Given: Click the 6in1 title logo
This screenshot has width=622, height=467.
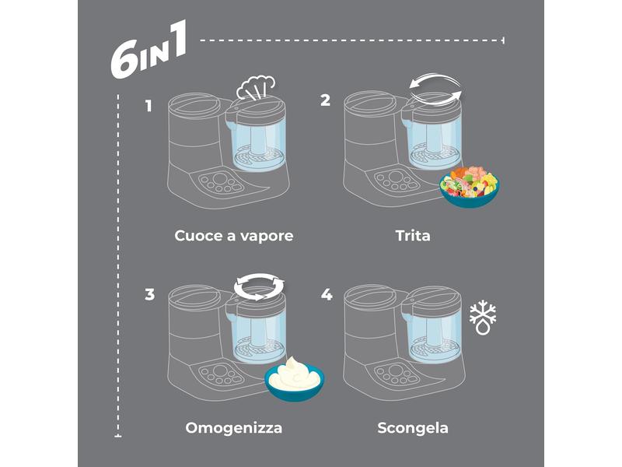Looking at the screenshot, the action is (x=149, y=50).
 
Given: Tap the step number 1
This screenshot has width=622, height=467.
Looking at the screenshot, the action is (x=149, y=106).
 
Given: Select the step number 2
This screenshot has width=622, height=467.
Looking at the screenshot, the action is (x=325, y=100).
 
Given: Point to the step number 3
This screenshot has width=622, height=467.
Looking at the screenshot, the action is (x=149, y=295).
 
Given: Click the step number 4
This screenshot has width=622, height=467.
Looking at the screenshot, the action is (x=327, y=295).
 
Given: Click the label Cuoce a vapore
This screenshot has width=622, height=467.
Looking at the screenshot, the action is (x=234, y=236).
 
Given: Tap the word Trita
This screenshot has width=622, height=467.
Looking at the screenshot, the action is (x=413, y=236).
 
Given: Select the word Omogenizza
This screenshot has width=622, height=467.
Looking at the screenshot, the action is (x=234, y=427).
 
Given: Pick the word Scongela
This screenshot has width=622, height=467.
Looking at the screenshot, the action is (x=413, y=427).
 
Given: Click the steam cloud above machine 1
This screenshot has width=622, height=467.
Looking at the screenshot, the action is (x=256, y=87).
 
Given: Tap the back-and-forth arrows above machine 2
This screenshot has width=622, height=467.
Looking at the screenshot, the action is (x=435, y=90).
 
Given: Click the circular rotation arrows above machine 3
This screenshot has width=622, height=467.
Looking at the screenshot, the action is (x=259, y=286).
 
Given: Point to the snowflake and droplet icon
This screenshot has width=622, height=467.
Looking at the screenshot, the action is (x=483, y=318).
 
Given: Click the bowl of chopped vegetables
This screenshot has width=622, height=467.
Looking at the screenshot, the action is (x=469, y=187).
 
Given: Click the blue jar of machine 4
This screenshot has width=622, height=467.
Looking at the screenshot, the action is (x=434, y=338).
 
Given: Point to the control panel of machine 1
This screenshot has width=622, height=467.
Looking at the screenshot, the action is (x=221, y=183).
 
